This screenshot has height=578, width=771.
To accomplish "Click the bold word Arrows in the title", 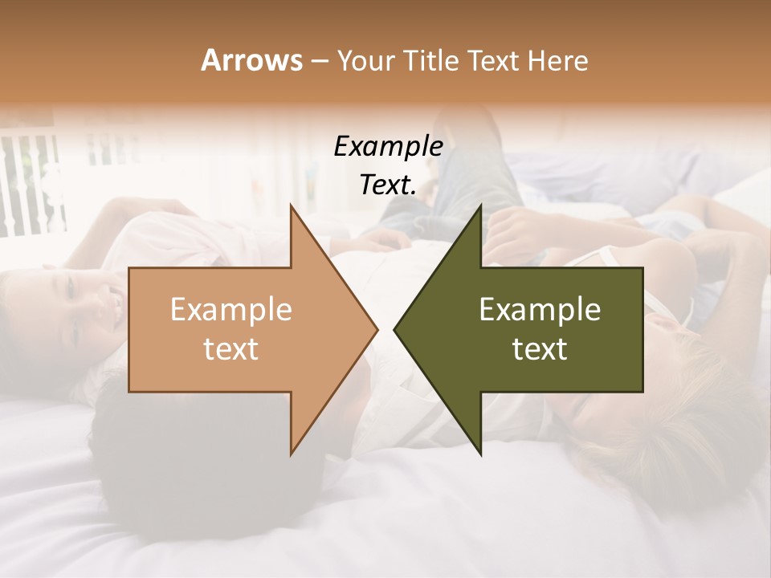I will point(251,61).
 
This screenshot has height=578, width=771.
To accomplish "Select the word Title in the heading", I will point(429,61).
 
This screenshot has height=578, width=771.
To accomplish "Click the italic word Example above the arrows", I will point(388,147).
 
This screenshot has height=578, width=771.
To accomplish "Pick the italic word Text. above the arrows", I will point(388,185).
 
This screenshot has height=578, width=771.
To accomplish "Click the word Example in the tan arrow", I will point(230,310).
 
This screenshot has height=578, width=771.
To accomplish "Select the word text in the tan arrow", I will point(230,349).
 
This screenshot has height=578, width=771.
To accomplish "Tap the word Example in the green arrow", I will point(540,310).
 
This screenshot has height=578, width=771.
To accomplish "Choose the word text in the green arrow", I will point(540,349).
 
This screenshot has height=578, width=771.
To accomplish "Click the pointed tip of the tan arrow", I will point(376,329).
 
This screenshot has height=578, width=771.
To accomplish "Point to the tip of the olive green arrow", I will point(395,329).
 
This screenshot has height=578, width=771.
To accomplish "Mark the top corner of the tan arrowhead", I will point(292,206).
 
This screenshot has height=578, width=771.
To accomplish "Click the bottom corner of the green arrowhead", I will point(480,454).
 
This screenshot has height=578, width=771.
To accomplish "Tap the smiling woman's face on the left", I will point(84,305).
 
